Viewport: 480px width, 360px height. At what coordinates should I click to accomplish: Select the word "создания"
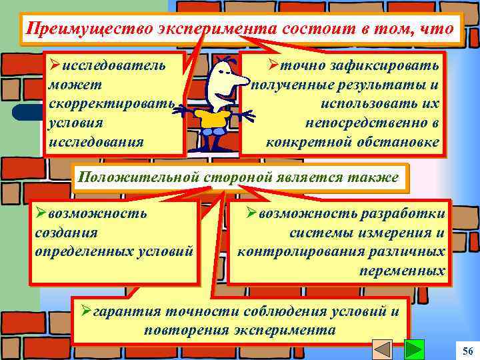(66, 233)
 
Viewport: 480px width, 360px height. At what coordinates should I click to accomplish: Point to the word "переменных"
(402, 271)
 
